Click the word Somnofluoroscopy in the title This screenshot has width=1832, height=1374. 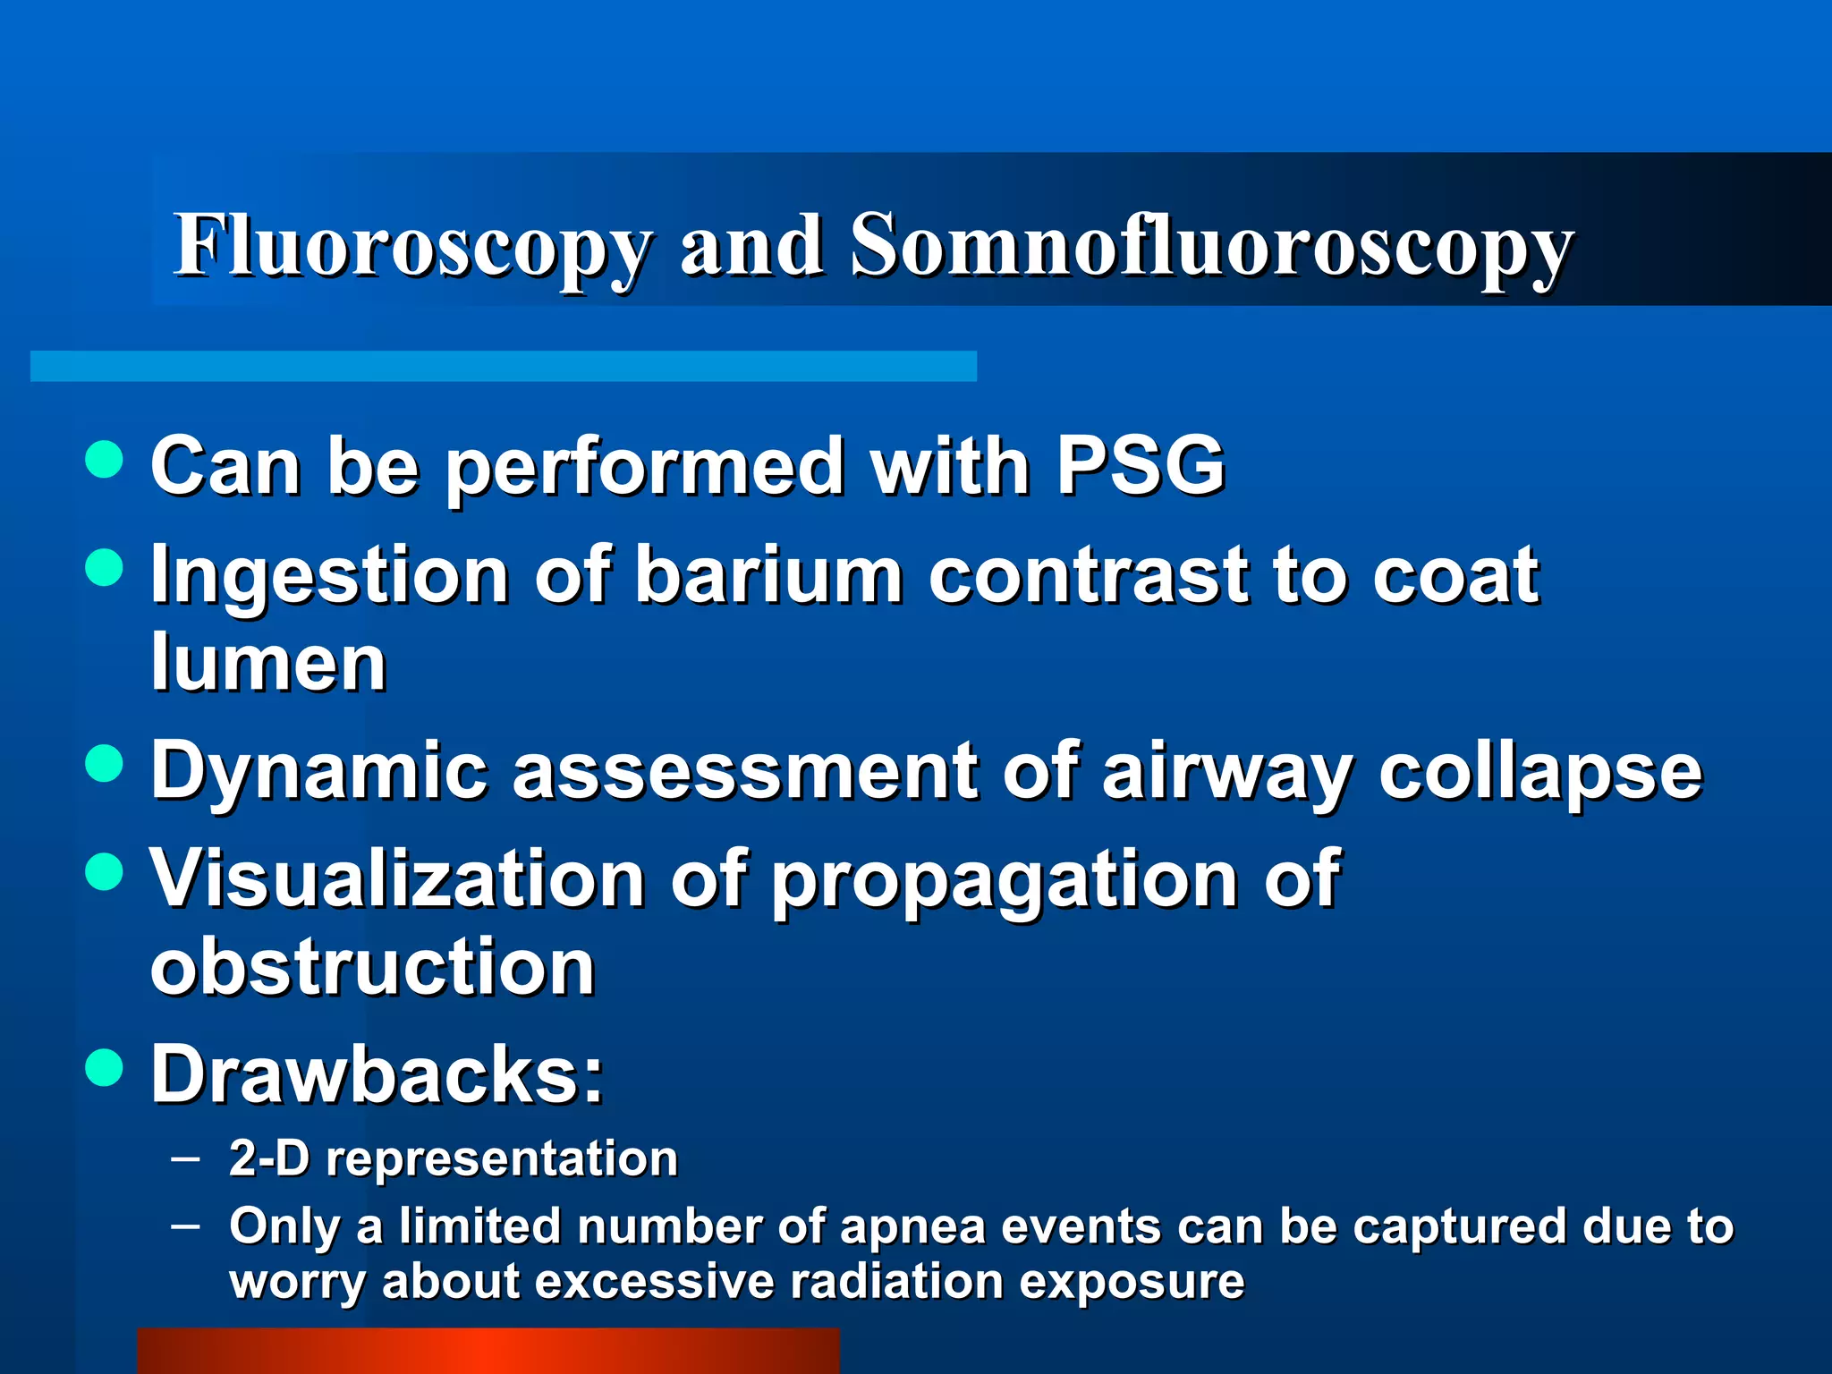pyautogui.click(x=1210, y=246)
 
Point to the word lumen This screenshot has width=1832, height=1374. pyautogui.click(x=268, y=663)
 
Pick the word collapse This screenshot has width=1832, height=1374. pyautogui.click(x=1540, y=771)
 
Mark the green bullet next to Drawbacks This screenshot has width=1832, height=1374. pyautogui.click(x=105, y=1067)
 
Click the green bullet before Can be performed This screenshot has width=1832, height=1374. pyautogui.click(x=105, y=459)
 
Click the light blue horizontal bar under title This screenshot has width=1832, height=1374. pyautogui.click(x=503, y=366)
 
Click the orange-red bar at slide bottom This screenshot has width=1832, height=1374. pyautogui.click(x=488, y=1351)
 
